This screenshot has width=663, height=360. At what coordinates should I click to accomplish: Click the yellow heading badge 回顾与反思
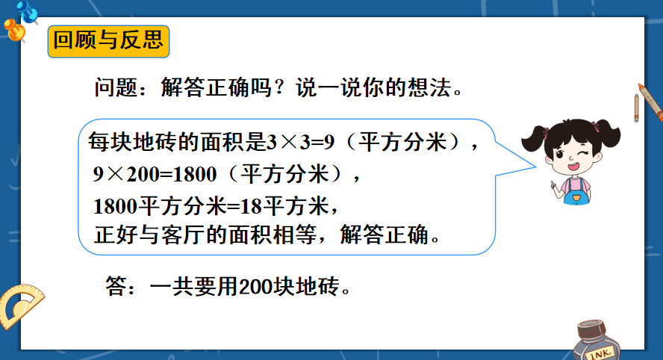(x=109, y=41)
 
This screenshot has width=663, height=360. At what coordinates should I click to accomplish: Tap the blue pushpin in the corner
(x=28, y=11)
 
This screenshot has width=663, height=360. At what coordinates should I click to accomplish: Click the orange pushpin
(x=15, y=31)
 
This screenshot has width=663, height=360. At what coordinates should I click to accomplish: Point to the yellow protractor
(x=20, y=305)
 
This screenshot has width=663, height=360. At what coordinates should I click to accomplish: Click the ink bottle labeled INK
(x=597, y=341)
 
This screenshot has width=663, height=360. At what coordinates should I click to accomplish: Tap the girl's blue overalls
(x=576, y=193)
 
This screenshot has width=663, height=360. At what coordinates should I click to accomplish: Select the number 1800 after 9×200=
(x=195, y=174)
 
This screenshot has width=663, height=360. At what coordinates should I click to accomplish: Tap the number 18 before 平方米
(x=251, y=206)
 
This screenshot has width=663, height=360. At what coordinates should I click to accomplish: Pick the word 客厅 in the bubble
(x=183, y=235)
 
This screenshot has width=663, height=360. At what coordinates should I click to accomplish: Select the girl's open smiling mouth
(x=574, y=167)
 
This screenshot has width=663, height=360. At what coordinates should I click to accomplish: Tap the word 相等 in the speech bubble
(x=295, y=235)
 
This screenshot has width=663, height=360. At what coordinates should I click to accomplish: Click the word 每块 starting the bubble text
(x=110, y=142)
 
